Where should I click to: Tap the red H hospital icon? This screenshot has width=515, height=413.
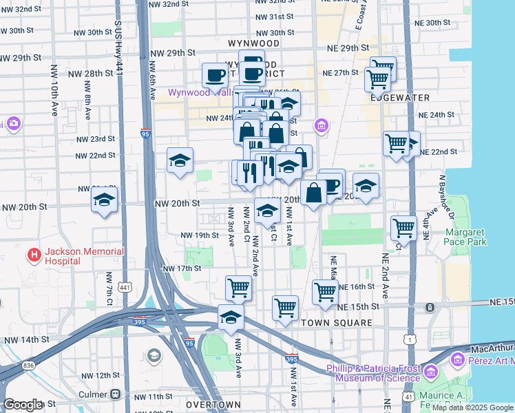pyautogui.click(x=34, y=256)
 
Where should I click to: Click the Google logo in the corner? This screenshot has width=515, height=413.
pyautogui.click(x=22, y=405)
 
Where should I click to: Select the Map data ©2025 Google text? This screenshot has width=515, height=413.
pyautogui.click(x=472, y=407)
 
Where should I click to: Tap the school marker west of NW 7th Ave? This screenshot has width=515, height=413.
pyautogui.click(x=105, y=200)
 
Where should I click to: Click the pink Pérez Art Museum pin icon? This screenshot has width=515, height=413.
pyautogui.click(x=456, y=359)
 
